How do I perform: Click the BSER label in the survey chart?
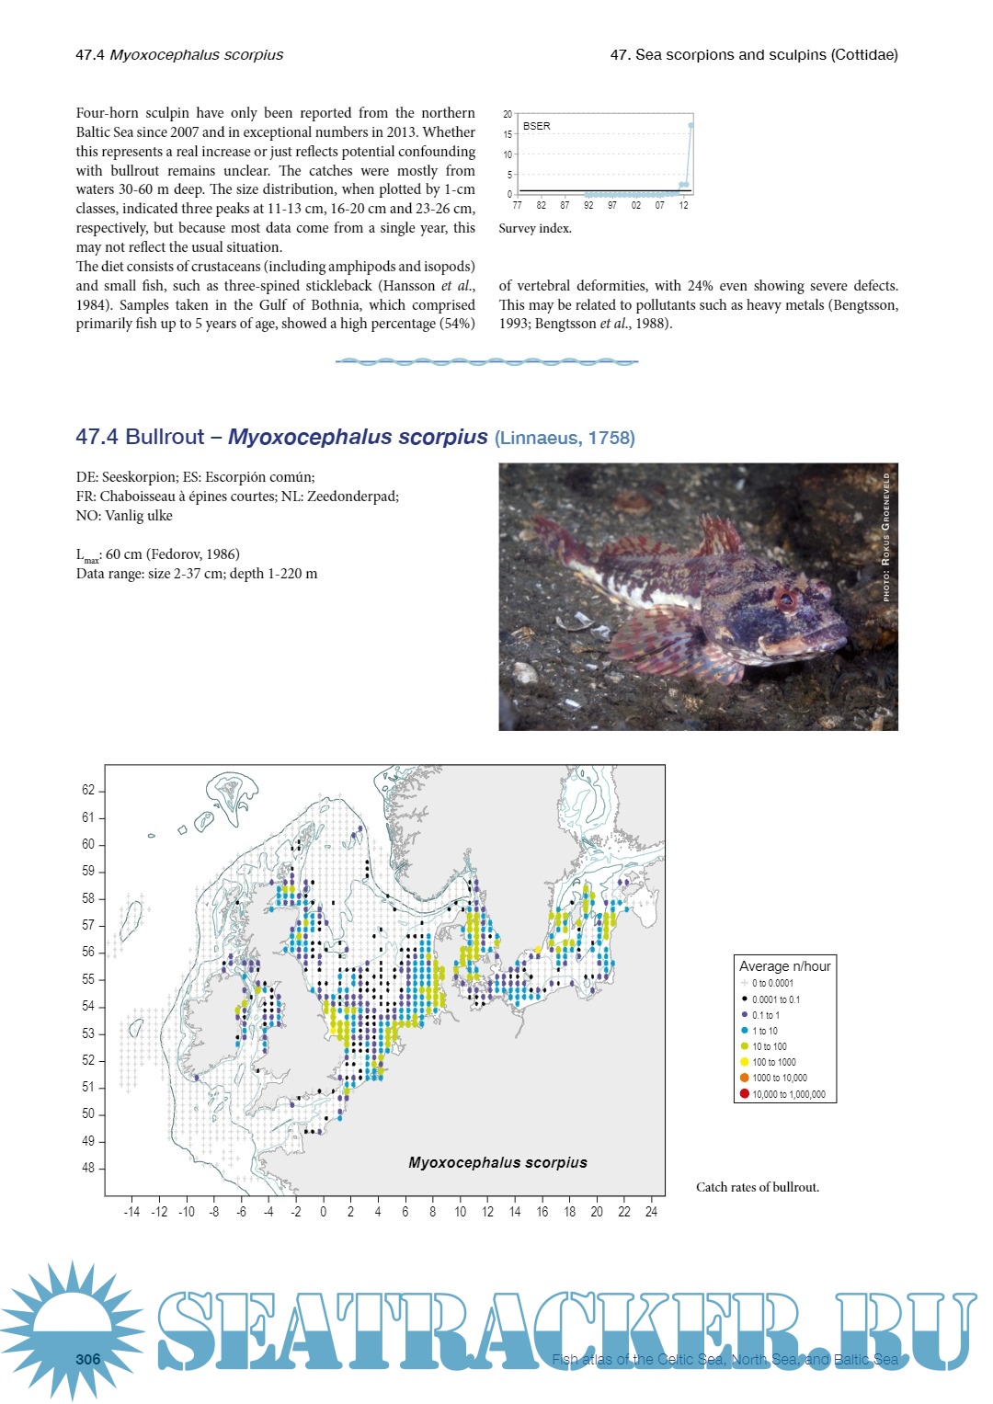pyautogui.click(x=537, y=126)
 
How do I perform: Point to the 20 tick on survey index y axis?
pyautogui.click(x=508, y=114)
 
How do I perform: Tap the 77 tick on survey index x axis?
pyautogui.click(x=517, y=206)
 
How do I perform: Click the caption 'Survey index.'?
pyautogui.click(x=535, y=228)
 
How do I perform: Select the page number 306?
pyautogui.click(x=88, y=1359)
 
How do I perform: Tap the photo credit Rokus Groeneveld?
pyautogui.click(x=886, y=537)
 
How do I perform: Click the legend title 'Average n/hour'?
pyautogui.click(x=784, y=965)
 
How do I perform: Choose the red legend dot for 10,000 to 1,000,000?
pyautogui.click(x=745, y=1093)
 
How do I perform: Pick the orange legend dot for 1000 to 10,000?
pyautogui.click(x=745, y=1078)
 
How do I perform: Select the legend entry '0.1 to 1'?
pyautogui.click(x=765, y=1015)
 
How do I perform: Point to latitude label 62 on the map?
pyautogui.click(x=88, y=790)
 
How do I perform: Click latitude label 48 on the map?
pyautogui.click(x=88, y=1168)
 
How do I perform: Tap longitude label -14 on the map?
pyautogui.click(x=131, y=1212)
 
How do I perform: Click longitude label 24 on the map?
pyautogui.click(x=651, y=1212)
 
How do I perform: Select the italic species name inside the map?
pyautogui.click(x=497, y=1162)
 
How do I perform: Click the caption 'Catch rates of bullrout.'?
pyautogui.click(x=758, y=1187)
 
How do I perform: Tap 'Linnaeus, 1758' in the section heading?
pyautogui.click(x=565, y=438)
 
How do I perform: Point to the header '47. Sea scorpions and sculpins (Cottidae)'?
pyautogui.click(x=754, y=54)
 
